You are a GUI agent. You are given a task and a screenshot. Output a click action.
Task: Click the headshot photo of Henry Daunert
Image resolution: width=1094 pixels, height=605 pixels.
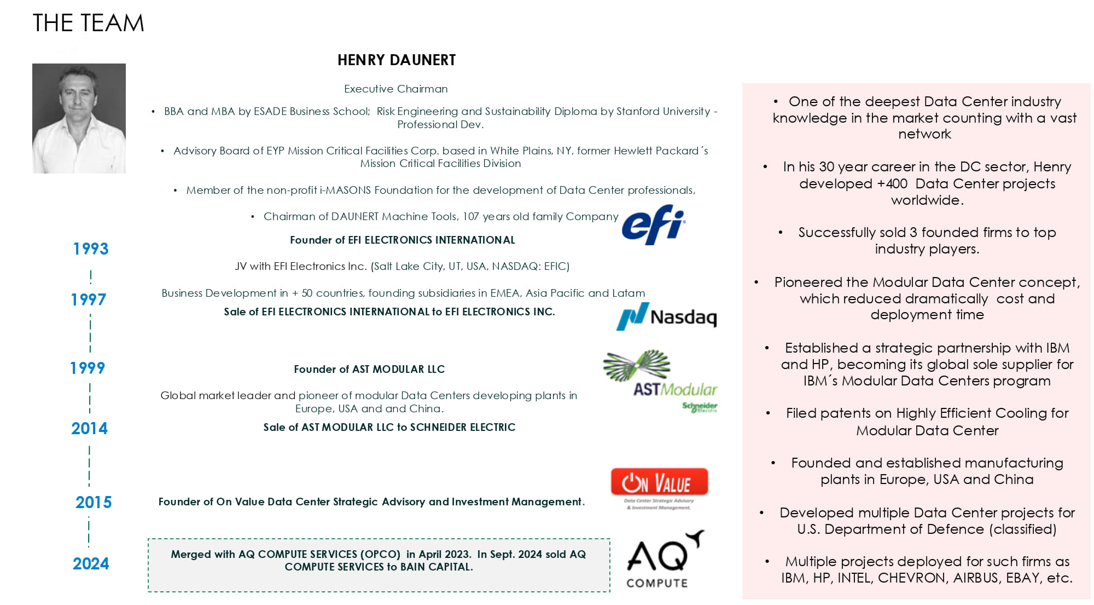point(79,118)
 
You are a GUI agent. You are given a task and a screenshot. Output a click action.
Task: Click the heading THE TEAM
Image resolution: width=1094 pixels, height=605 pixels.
point(88,23)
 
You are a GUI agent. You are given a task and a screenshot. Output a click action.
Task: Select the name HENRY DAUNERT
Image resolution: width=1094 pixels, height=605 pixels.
point(396,60)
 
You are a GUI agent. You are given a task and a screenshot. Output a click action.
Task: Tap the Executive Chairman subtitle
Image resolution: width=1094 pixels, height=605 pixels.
point(395,89)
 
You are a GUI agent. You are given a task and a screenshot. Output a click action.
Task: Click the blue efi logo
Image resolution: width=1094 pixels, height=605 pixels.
point(653,224)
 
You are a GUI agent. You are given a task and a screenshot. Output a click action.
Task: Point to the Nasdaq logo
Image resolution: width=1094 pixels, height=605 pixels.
point(666,316)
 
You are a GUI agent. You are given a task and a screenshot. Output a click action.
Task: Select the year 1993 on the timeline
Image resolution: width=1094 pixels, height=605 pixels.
point(91,249)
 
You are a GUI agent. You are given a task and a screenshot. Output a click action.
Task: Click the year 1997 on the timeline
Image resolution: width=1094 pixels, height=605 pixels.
point(89,300)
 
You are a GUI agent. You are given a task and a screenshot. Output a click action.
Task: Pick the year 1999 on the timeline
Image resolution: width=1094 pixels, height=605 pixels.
point(88,368)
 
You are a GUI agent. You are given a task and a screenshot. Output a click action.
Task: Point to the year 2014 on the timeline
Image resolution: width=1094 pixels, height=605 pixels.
point(89,429)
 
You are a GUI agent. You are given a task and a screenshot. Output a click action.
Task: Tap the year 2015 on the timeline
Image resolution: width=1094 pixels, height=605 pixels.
point(94,502)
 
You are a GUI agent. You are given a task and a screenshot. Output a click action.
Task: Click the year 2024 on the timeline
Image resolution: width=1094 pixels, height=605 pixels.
point(91,563)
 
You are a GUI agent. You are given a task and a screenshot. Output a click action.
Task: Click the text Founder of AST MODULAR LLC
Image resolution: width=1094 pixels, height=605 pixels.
point(369,370)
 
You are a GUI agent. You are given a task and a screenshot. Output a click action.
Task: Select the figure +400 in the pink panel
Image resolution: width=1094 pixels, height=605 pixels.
point(892,184)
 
